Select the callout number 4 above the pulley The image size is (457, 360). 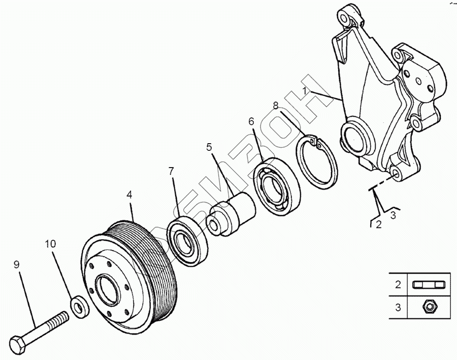129,194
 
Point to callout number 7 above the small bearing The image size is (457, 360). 171,171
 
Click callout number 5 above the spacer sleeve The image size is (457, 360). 209,148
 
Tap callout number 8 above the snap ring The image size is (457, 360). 276,106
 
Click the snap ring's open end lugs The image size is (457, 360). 316,143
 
